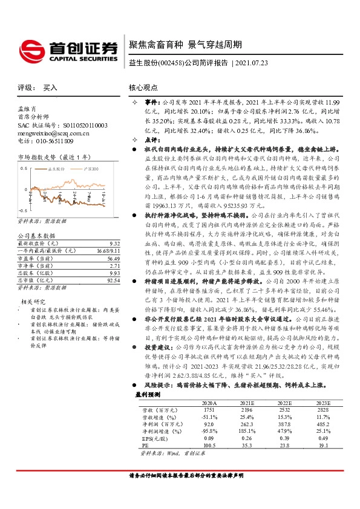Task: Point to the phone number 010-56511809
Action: coord(52,141)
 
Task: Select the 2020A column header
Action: coord(209,418)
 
